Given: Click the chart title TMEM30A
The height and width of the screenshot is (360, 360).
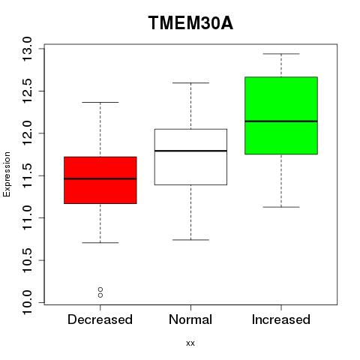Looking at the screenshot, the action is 190,23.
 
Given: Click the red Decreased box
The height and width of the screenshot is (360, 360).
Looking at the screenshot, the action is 100,180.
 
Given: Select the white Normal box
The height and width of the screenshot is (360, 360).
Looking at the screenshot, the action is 190,157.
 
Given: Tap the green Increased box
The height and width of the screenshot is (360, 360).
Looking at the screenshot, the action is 281,115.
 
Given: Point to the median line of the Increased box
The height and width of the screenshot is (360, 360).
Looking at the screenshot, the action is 281,121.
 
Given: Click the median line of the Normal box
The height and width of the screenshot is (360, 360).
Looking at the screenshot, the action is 190,151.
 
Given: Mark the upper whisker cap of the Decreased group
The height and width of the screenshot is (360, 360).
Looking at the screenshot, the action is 100,102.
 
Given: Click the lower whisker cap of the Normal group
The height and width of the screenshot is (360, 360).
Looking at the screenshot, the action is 190,240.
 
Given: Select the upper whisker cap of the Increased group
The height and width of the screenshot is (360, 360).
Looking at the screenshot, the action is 281,54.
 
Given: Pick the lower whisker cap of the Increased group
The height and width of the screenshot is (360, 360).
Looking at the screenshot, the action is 281,207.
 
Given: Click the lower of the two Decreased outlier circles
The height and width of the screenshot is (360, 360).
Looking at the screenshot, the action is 100,295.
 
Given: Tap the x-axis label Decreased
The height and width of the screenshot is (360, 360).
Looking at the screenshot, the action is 100,319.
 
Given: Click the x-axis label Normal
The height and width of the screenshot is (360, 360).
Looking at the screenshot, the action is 190,319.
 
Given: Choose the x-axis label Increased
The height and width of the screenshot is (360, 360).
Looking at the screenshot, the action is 281,319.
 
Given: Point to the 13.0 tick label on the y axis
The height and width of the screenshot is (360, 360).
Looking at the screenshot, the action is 27,49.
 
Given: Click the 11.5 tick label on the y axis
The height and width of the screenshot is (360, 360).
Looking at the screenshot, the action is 27,175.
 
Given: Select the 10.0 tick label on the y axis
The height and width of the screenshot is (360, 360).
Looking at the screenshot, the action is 27,303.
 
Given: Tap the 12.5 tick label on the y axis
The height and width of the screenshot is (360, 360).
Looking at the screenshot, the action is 27,91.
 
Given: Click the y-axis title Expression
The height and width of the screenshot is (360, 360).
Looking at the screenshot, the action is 7,174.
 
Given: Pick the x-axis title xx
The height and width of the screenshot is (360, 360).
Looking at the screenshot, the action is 190,343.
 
